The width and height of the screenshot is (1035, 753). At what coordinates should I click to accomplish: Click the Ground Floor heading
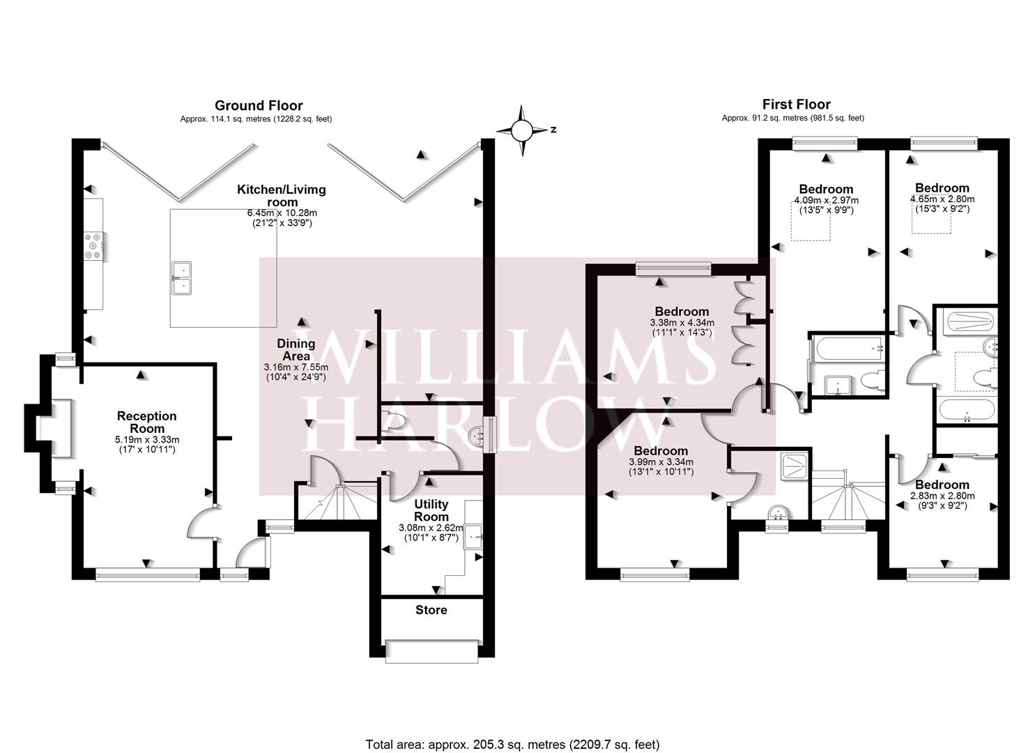pyautogui.click(x=259, y=105)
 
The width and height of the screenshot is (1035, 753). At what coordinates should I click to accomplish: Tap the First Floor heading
pyautogui.click(x=797, y=105)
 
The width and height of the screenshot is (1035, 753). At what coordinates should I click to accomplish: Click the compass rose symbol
pyautogui.click(x=523, y=130)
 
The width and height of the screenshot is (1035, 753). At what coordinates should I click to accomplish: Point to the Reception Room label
pyautogui.click(x=147, y=422)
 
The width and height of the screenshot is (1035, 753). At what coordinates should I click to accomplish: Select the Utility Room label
pyautogui.click(x=431, y=510)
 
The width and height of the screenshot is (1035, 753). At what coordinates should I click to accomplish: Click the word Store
pyautogui.click(x=431, y=610)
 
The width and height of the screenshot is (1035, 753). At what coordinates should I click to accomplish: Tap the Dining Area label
pyautogui.click(x=296, y=350)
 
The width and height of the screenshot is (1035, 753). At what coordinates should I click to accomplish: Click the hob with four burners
pyautogui.click(x=93, y=246)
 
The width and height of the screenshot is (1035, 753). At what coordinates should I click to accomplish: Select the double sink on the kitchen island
pyautogui.click(x=182, y=278)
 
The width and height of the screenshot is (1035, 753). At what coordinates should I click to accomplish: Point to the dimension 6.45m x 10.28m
pyautogui.click(x=282, y=213)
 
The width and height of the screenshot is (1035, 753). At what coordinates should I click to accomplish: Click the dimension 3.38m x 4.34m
pyautogui.click(x=682, y=323)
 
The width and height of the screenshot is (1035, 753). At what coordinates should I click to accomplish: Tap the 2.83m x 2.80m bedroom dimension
pyautogui.click(x=942, y=496)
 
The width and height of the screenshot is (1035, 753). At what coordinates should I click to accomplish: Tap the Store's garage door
pyautogui.click(x=431, y=651)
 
